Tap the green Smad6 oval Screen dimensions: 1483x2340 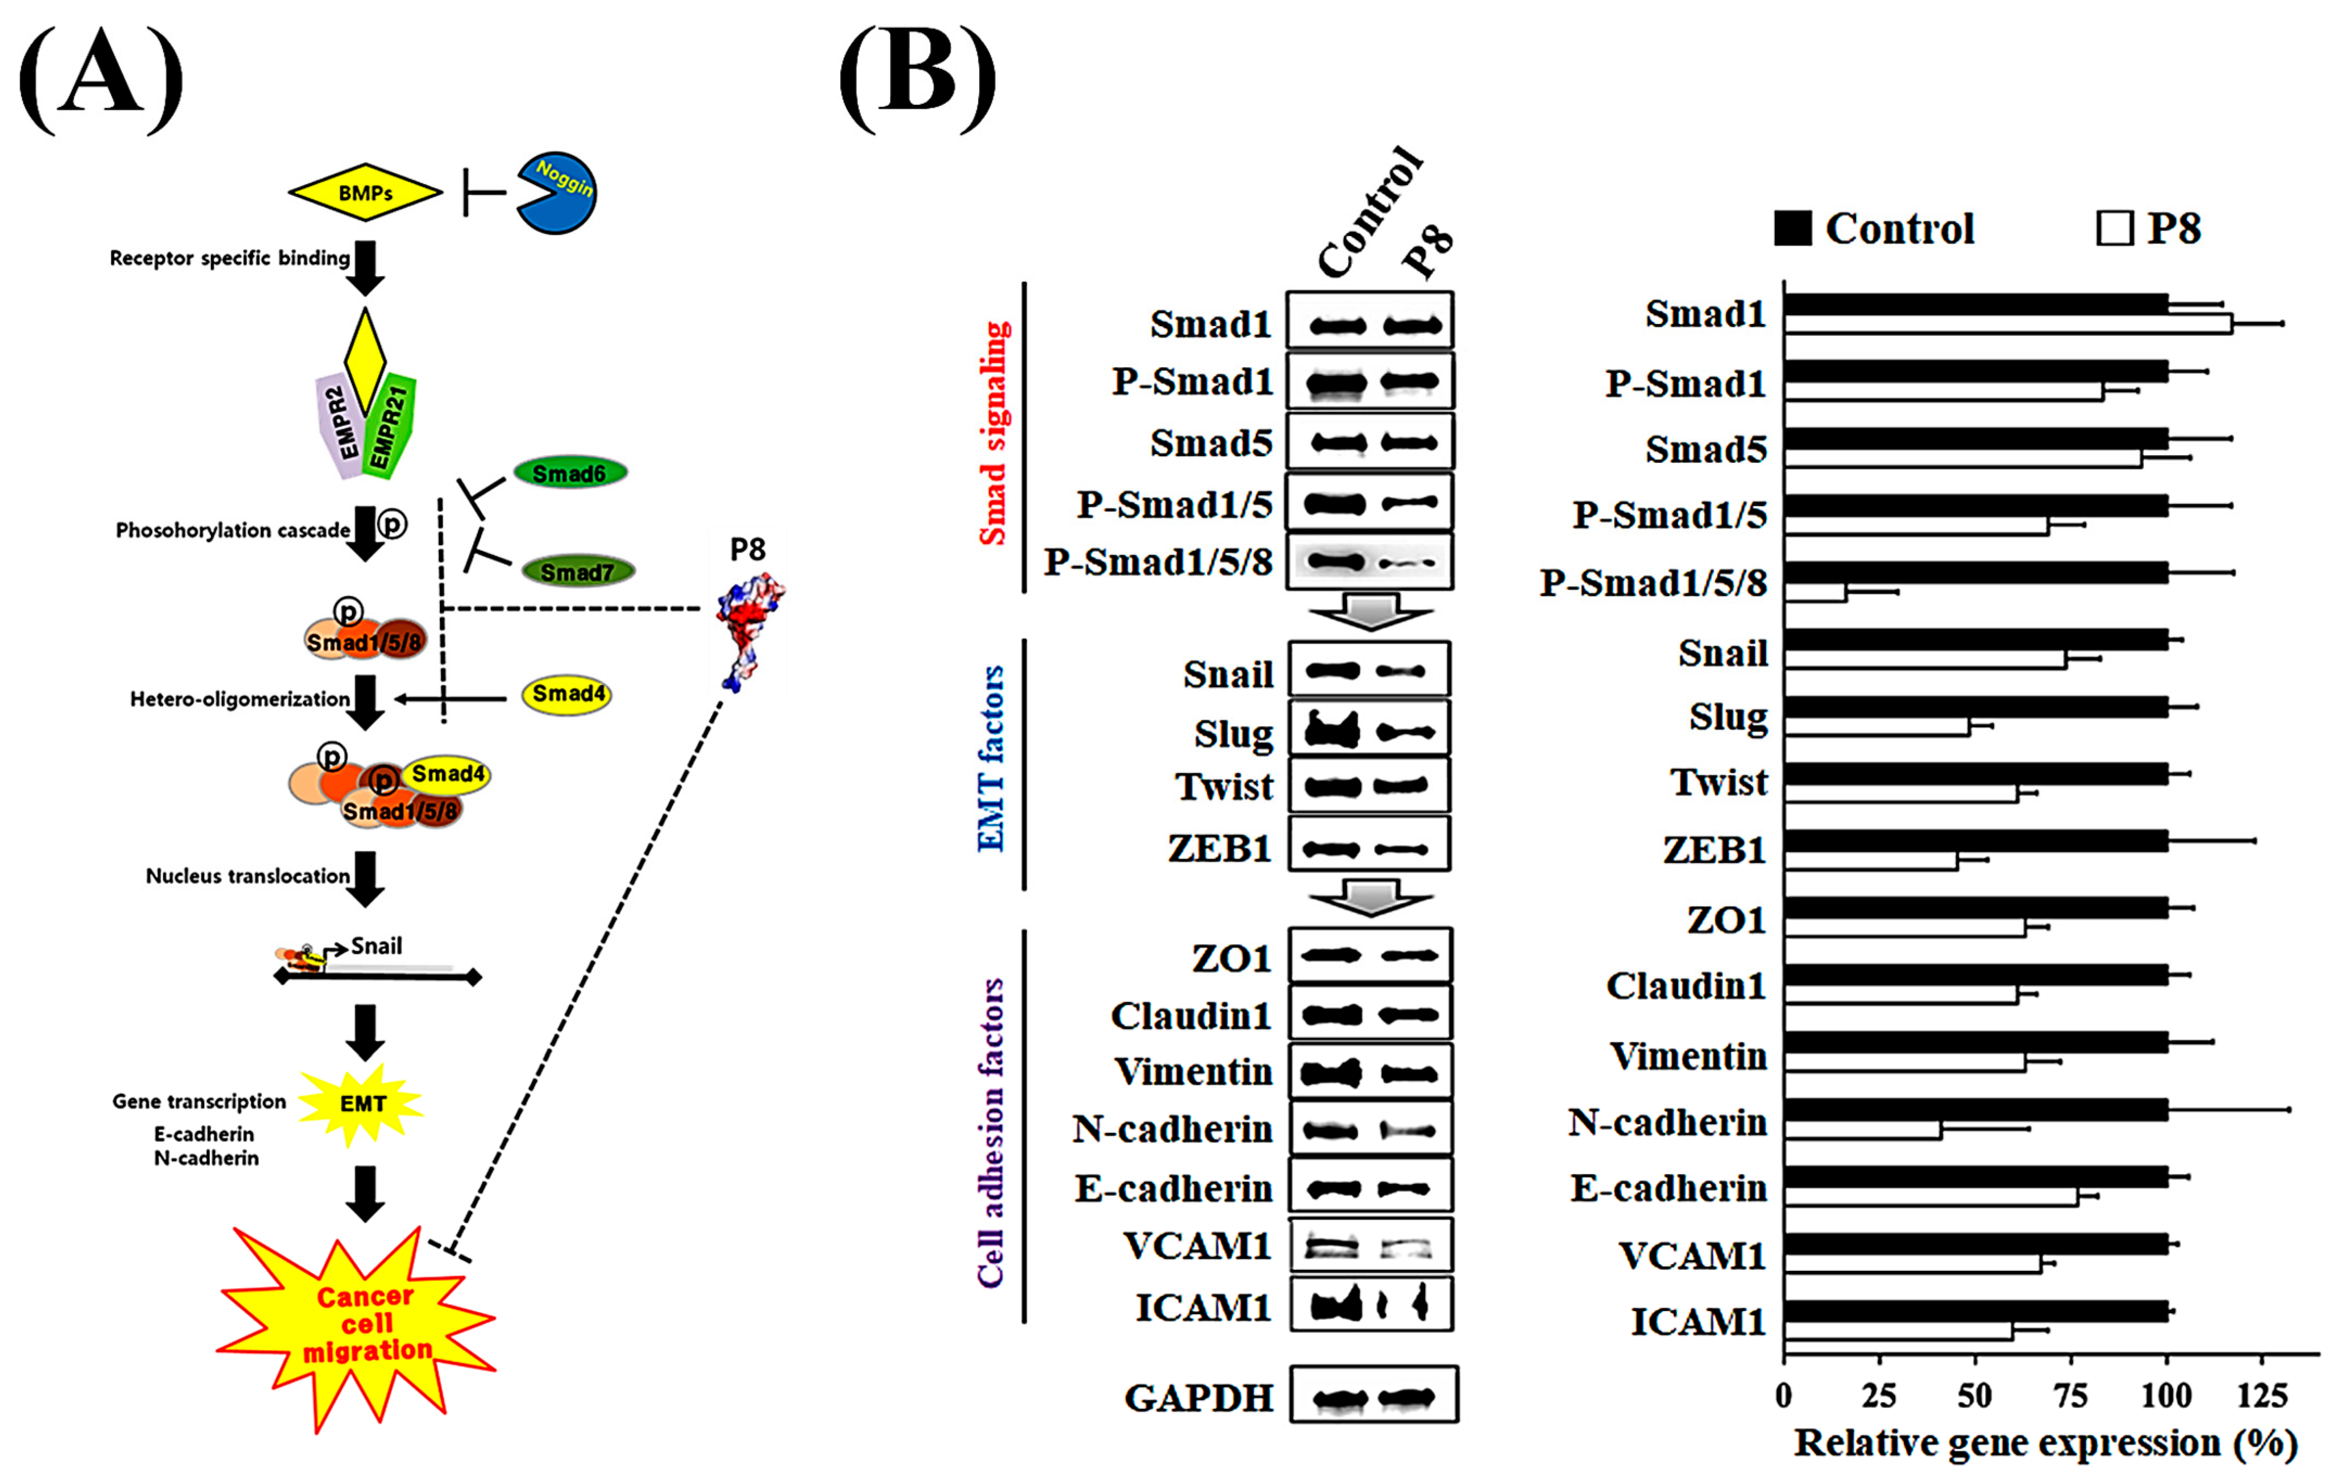[x=570, y=473]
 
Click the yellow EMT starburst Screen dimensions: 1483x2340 [x=361, y=1103]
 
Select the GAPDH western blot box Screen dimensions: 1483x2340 [x=1373, y=1396]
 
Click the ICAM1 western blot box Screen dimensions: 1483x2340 [x=1371, y=1303]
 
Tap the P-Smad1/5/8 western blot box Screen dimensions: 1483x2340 [x=1369, y=562]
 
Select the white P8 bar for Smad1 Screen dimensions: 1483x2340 [x=2007, y=324]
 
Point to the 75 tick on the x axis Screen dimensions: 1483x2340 [x=2070, y=1397]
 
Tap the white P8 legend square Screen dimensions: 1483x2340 [x=2114, y=230]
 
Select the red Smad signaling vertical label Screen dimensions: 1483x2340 [x=993, y=434]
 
